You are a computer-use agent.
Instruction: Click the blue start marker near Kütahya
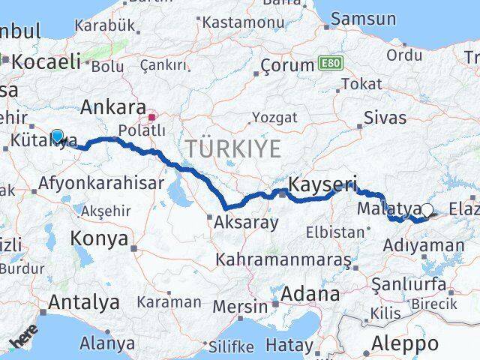coord(57,136)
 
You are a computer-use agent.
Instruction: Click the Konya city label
coord(98,238)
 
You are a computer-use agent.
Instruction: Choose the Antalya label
coord(83,302)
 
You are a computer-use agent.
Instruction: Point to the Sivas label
coord(385,118)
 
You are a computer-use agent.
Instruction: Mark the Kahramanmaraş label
coord(283,259)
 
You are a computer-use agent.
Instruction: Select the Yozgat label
coord(274,118)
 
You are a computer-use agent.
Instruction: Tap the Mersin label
coord(240,306)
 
